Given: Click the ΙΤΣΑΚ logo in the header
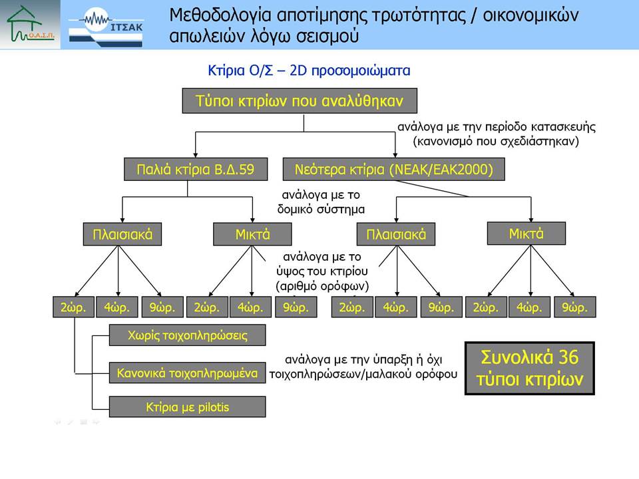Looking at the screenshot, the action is click(106, 27).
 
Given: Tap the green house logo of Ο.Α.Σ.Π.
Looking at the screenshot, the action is click(29, 24).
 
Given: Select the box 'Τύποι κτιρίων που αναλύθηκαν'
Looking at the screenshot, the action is click(300, 100).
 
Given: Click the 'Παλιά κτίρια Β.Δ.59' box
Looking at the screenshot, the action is click(196, 169).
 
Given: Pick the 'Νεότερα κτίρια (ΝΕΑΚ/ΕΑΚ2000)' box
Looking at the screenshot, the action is click(393, 169).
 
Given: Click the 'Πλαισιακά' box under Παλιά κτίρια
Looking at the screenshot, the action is click(122, 234).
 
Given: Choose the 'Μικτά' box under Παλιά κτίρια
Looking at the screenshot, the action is click(252, 234).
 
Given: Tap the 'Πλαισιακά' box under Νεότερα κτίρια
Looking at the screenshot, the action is click(395, 234).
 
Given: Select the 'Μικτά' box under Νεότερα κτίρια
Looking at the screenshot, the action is click(526, 234).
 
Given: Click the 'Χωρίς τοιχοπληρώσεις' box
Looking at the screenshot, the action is click(188, 335).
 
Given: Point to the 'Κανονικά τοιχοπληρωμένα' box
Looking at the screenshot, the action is click(188, 373).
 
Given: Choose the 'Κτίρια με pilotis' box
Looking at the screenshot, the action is click(188, 406).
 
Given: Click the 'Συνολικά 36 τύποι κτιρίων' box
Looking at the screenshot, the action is click(530, 368).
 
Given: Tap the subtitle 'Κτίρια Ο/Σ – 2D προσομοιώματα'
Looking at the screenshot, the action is click(309, 71).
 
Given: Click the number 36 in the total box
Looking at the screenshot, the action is click(568, 357).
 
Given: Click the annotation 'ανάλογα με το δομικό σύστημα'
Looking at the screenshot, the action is click(321, 202).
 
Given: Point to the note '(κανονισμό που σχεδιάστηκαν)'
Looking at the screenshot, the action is click(495, 141).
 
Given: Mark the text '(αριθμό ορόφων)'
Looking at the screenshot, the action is click(322, 286).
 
